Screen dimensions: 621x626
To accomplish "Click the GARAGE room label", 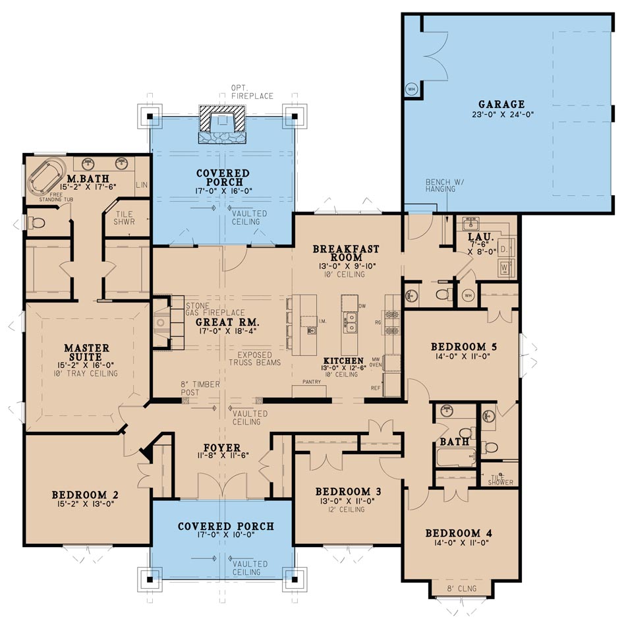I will (501, 104).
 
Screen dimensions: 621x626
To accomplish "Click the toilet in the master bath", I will (36, 223).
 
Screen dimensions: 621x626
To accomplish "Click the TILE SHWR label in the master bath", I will (125, 218).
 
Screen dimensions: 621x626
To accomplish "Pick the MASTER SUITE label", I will (87, 352).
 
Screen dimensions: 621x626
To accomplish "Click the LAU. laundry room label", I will (477, 235).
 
